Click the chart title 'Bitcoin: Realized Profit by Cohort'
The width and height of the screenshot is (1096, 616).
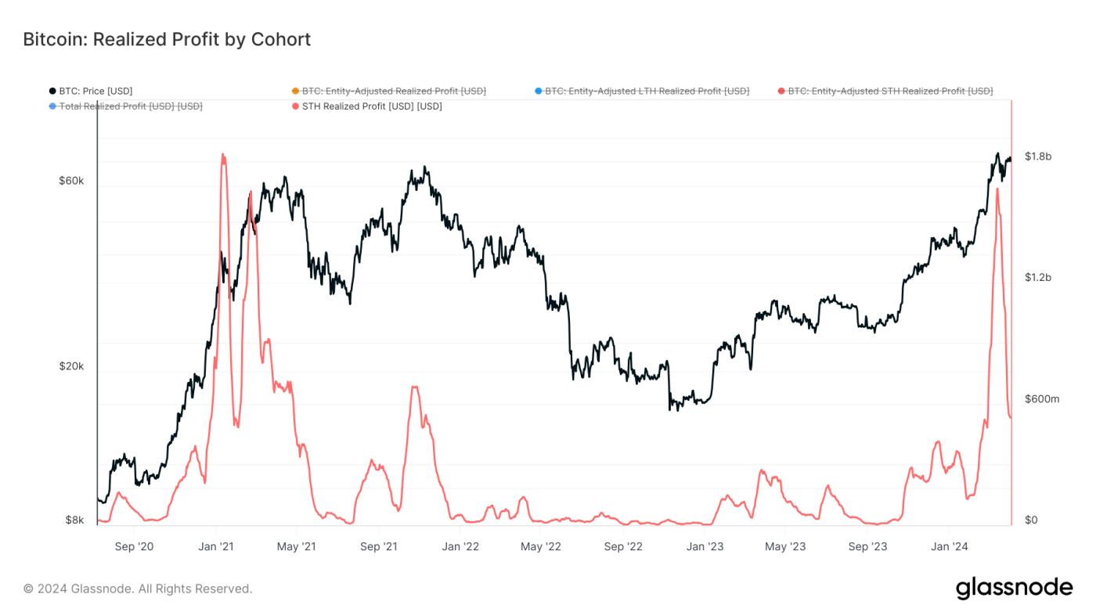pos(167,39)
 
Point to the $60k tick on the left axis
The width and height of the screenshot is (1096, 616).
pos(71,181)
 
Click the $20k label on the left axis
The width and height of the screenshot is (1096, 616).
pos(71,366)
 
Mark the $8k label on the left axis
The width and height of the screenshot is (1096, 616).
pos(74,520)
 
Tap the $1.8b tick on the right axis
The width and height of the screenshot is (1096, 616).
pos(1037,157)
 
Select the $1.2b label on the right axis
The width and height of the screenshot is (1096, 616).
pos(1037,278)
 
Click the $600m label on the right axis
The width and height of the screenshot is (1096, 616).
pos(1041,399)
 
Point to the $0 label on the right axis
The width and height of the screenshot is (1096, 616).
pos(1031,520)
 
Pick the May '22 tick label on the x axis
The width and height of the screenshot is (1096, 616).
pos(541,546)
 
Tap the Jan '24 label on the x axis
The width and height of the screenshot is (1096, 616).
pos(949,546)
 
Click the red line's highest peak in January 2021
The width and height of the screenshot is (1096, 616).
pos(223,154)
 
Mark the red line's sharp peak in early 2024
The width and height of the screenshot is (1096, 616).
pos(997,189)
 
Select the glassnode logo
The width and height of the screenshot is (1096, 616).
pos(1014,588)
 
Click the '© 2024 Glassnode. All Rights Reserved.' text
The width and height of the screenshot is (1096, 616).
pos(138,589)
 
